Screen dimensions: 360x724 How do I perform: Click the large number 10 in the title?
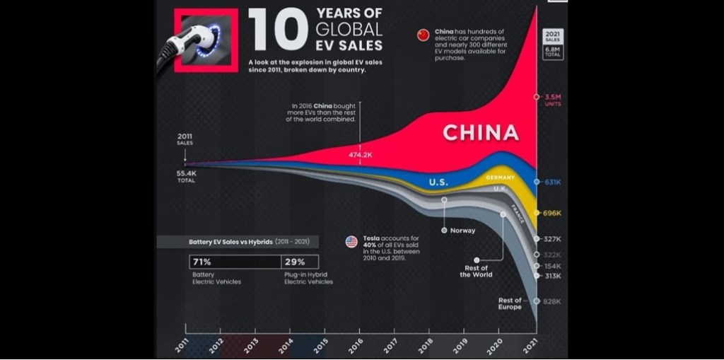(x=278, y=31)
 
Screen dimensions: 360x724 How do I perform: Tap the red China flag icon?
(x=424, y=35)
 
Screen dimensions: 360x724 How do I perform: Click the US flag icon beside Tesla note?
(x=351, y=242)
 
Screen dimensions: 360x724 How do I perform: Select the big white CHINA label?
(x=481, y=132)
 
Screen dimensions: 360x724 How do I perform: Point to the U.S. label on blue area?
(x=438, y=182)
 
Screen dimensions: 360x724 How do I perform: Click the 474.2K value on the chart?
(x=360, y=153)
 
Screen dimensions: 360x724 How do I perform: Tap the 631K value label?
(x=553, y=182)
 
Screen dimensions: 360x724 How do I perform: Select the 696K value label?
(x=553, y=212)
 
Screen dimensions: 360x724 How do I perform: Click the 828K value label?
(x=553, y=301)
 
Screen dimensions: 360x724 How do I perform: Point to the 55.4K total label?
(x=185, y=172)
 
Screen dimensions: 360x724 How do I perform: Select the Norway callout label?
(x=462, y=231)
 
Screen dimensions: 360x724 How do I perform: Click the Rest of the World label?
(x=475, y=271)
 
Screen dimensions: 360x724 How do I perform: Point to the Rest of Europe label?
(x=510, y=303)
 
